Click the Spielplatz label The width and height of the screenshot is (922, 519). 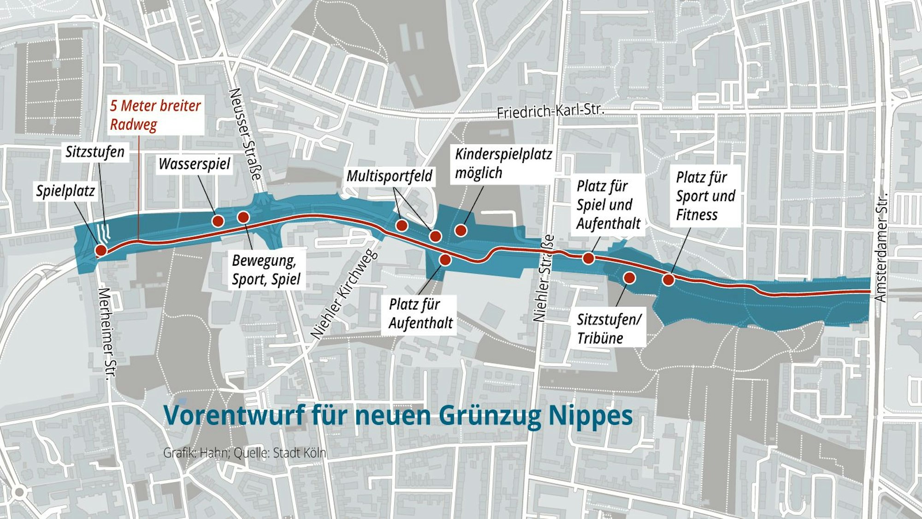65,191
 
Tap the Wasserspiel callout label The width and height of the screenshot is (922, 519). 194,164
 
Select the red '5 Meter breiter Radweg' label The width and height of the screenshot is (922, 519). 155,115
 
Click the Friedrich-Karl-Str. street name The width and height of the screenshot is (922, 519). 550,111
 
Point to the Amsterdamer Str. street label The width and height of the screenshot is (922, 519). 881,247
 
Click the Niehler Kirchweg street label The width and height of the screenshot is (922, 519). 343,295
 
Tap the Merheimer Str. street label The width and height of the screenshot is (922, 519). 106,333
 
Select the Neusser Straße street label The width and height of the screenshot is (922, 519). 244,134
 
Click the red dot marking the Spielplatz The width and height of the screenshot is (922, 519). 101,251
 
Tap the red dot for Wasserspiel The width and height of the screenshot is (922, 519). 218,221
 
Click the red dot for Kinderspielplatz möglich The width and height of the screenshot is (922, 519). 461,230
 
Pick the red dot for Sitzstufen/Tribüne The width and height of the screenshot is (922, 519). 629,278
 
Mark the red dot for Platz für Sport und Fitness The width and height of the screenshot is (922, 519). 668,280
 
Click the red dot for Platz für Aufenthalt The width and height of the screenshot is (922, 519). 445,260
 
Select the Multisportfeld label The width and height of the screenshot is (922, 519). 390,176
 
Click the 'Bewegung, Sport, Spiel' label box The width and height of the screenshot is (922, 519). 266,270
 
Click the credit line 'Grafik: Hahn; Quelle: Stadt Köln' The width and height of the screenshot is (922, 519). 244,453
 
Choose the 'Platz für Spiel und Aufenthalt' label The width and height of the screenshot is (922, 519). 608,205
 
